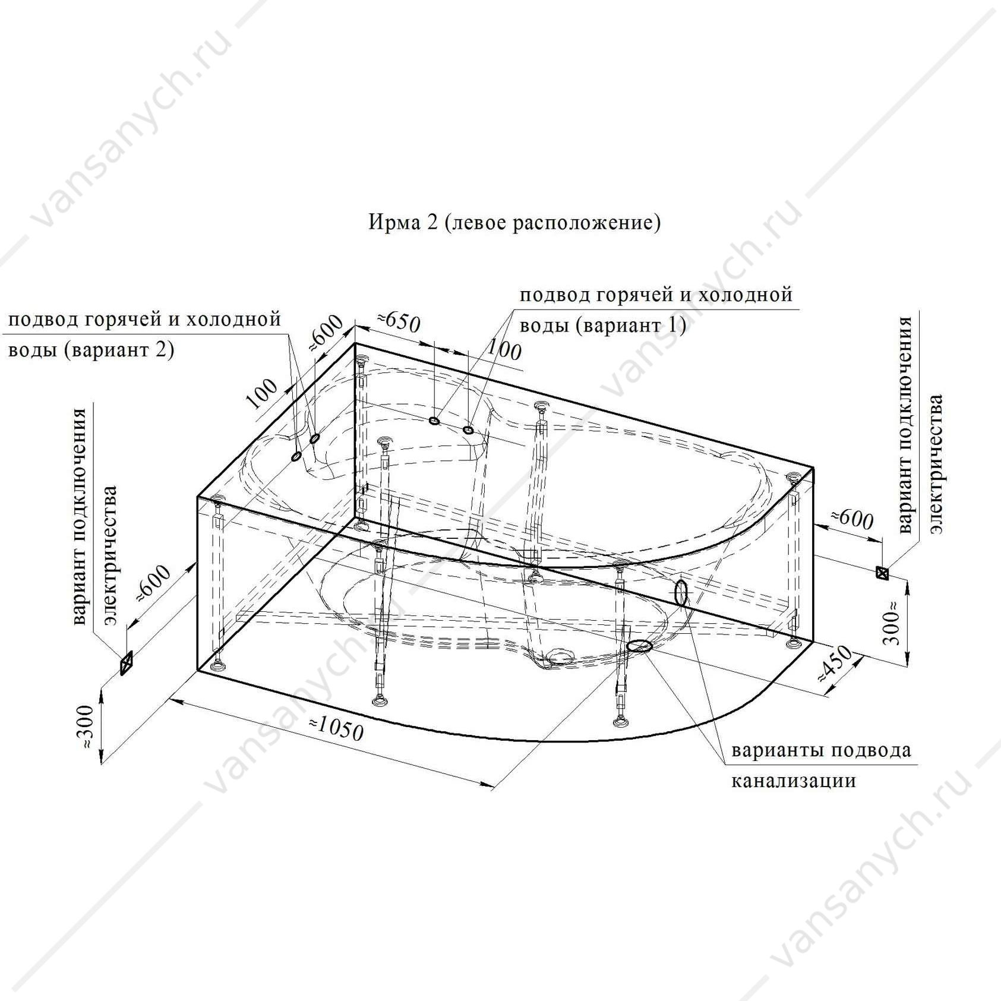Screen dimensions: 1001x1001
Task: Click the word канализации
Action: [x=793, y=781]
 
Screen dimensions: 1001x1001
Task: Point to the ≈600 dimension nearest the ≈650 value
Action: [x=326, y=333]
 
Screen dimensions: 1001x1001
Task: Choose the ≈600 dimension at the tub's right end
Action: [x=851, y=519]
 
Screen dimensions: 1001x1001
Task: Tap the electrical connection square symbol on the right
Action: [x=883, y=572]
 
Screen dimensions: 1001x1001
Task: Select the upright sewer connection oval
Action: [x=681, y=593]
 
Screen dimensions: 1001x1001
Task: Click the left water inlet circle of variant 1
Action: [x=434, y=421]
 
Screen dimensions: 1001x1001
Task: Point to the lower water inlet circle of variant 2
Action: [x=296, y=456]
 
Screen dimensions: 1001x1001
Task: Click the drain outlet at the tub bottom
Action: [x=561, y=656]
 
